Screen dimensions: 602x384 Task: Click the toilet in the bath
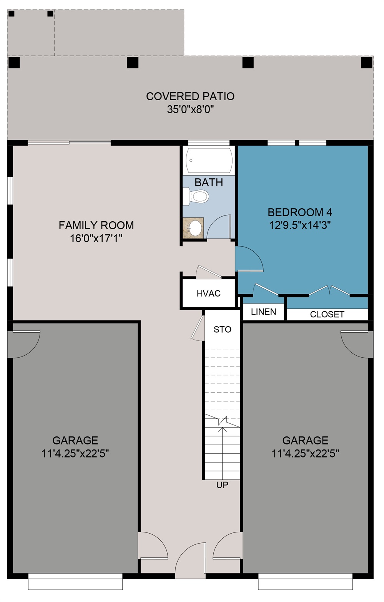(197, 196)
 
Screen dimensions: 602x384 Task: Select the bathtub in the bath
(209, 160)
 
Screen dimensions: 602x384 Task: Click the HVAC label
(208, 294)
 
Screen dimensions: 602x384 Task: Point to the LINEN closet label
(263, 312)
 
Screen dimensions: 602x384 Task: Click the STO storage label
(222, 329)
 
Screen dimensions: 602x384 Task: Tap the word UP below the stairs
(222, 485)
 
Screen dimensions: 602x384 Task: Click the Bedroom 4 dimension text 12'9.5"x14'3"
(300, 225)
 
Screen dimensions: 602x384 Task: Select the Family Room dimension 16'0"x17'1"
(96, 238)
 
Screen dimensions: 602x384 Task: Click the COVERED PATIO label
(190, 96)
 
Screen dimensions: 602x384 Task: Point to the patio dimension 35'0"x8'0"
(190, 109)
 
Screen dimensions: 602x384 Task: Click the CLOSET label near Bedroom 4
(327, 314)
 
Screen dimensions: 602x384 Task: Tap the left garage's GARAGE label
(75, 440)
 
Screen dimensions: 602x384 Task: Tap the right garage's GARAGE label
(305, 440)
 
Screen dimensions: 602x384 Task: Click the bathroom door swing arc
(219, 227)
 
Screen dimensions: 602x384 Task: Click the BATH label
(209, 182)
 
